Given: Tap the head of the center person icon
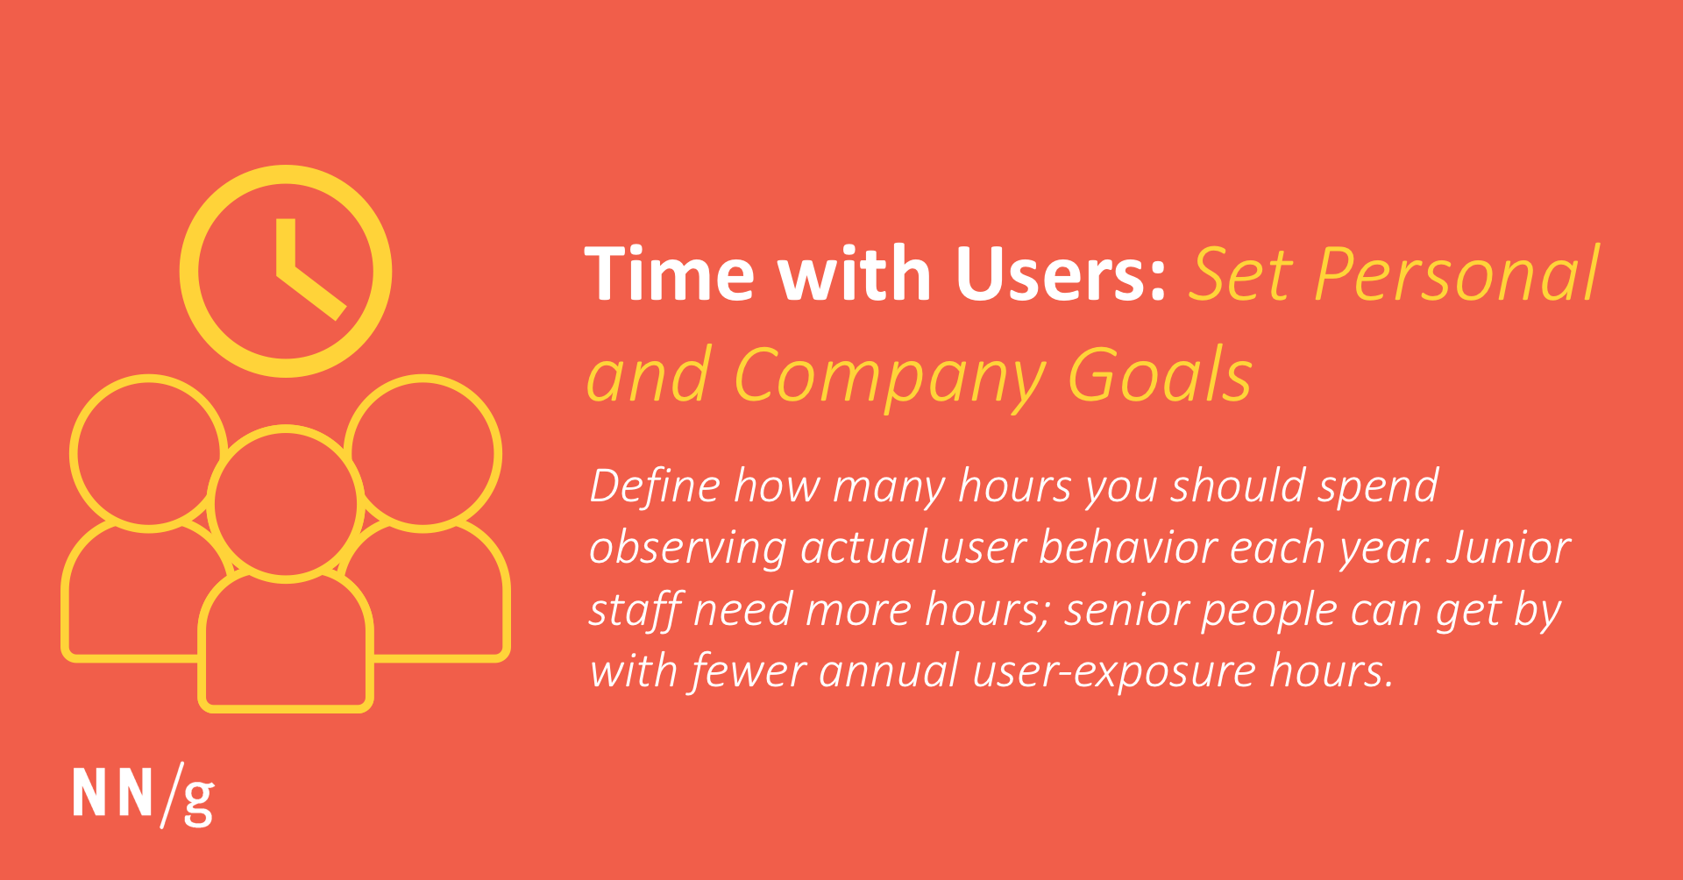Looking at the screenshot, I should tap(286, 503).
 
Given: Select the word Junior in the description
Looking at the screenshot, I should tap(1509, 548).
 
